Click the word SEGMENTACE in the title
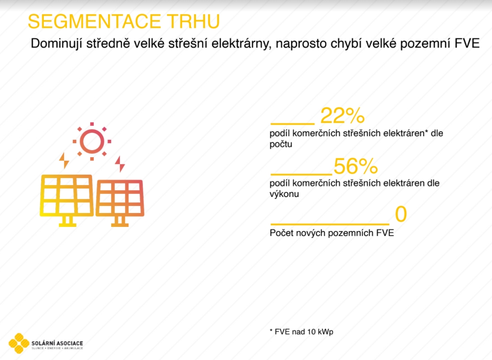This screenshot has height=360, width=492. [x=95, y=21]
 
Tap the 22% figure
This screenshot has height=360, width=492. [x=342, y=116]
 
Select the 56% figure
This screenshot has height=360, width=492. [x=355, y=166]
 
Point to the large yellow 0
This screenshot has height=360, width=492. [x=400, y=214]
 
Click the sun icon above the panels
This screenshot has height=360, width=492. [x=92, y=142]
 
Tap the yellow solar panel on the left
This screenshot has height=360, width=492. [x=67, y=200]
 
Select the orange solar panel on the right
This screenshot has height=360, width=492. [x=120, y=202]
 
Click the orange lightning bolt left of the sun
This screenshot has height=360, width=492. [x=64, y=161]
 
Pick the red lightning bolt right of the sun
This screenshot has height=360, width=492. [x=120, y=164]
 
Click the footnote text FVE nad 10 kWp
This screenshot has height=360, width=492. [x=304, y=332]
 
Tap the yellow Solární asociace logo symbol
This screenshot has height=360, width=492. [x=19, y=343]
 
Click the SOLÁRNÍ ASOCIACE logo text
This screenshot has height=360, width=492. [x=58, y=343]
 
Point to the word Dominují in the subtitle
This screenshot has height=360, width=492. [x=57, y=44]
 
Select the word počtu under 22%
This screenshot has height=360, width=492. [x=281, y=144]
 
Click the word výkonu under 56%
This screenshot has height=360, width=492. [x=284, y=194]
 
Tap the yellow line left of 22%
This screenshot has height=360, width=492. [x=292, y=123]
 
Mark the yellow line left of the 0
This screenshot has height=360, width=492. [x=330, y=224]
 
